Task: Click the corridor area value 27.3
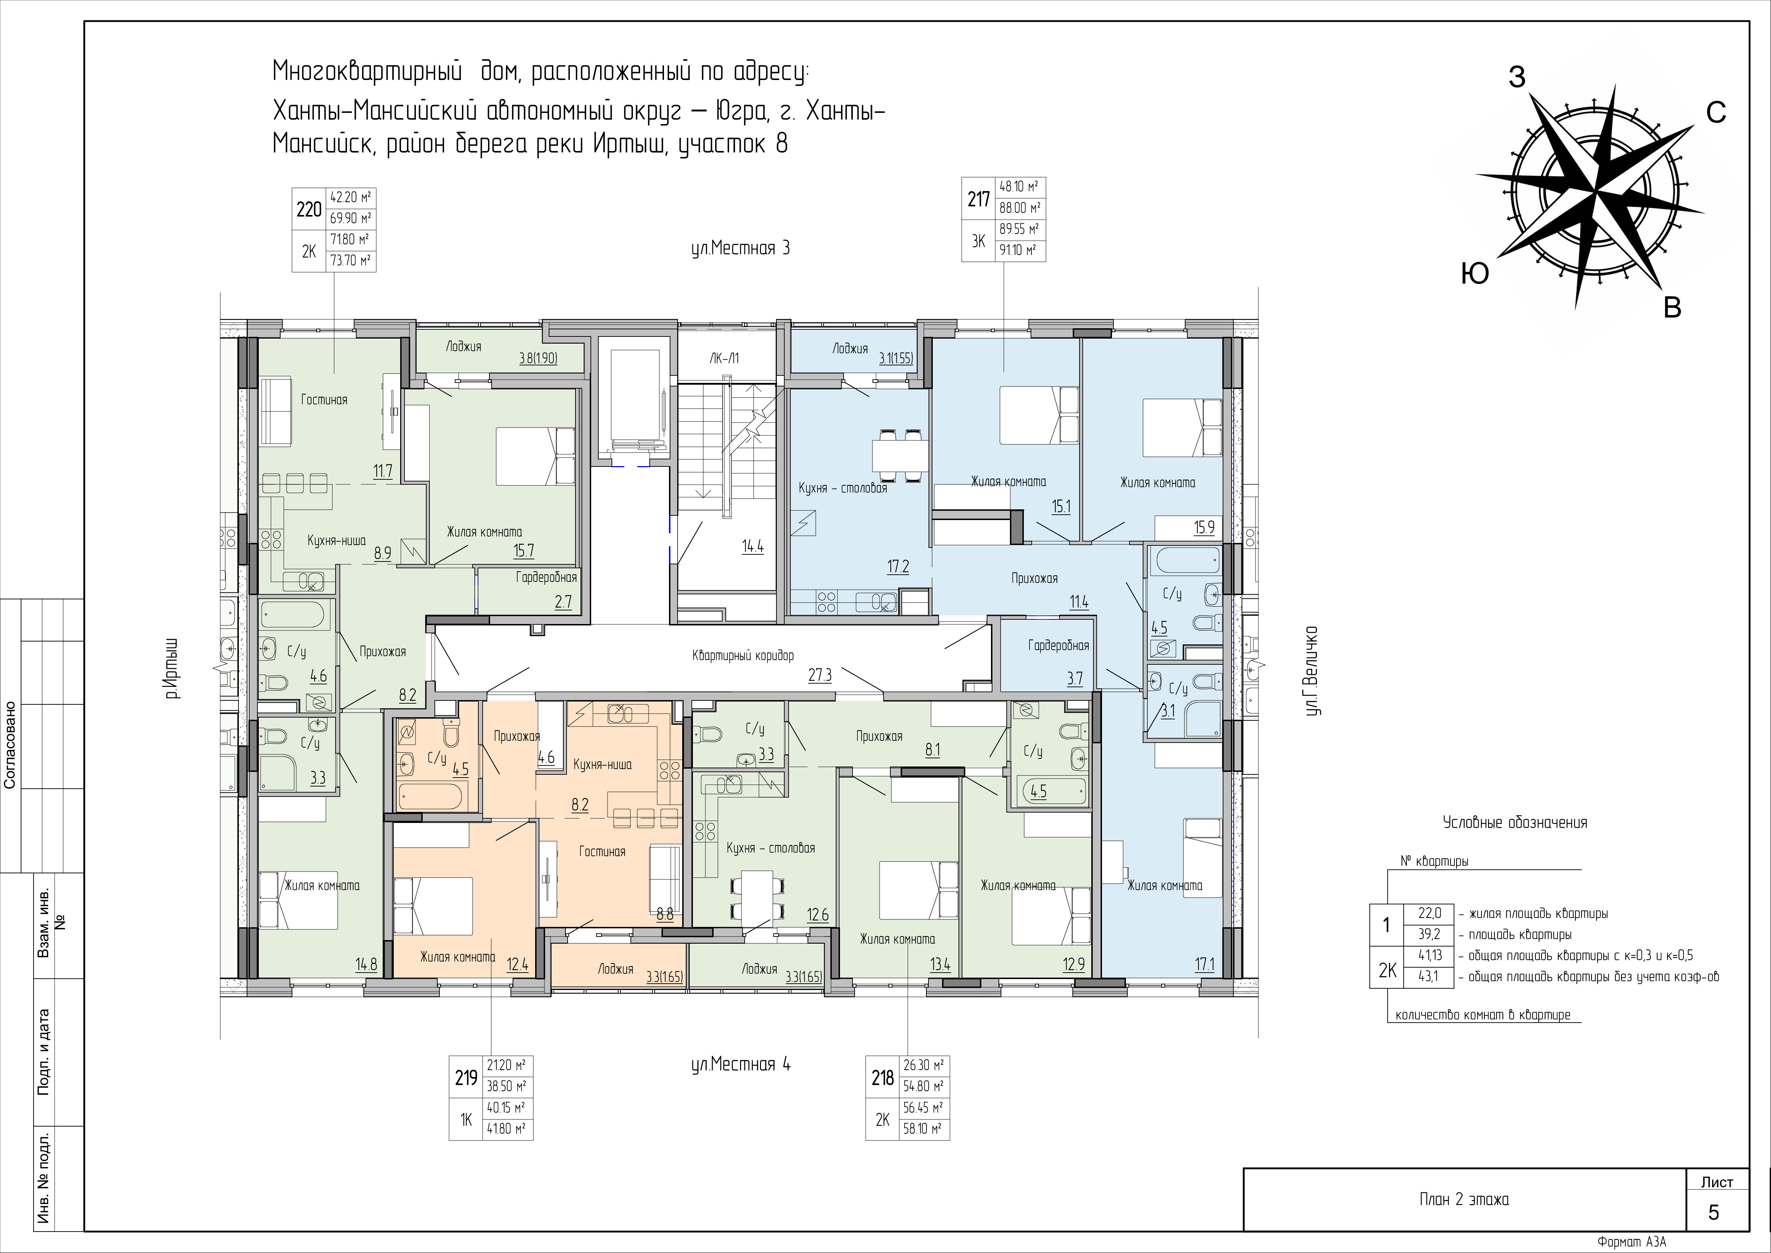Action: click(820, 675)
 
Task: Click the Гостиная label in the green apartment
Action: click(324, 400)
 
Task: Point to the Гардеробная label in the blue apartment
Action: click(1058, 646)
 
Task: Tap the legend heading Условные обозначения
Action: click(1515, 823)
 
